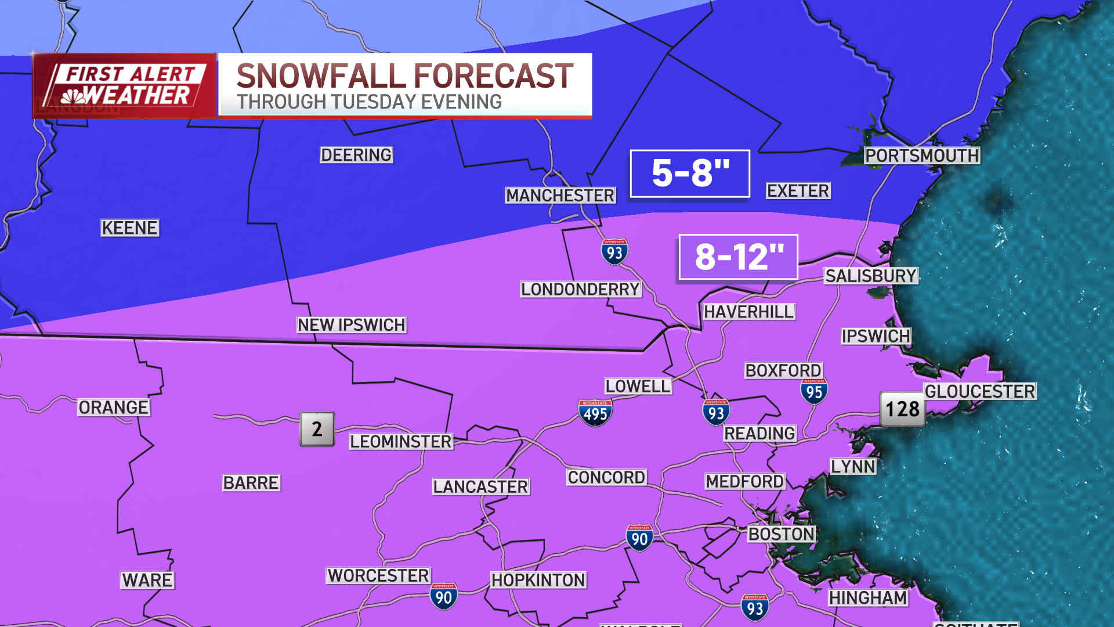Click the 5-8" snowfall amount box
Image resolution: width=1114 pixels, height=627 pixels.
(x=690, y=173)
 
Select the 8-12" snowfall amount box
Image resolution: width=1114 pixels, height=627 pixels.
(x=738, y=257)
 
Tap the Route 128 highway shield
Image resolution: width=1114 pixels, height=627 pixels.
(x=902, y=409)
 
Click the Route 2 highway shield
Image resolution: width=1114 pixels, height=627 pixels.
(x=317, y=429)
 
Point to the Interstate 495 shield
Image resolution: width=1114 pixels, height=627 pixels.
(x=595, y=413)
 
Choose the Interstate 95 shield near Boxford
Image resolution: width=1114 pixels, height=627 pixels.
(x=814, y=392)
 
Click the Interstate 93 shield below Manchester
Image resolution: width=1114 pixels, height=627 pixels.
(x=614, y=252)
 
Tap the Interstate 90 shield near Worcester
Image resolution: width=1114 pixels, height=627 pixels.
(x=444, y=596)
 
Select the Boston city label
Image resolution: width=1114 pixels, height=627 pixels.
(x=781, y=534)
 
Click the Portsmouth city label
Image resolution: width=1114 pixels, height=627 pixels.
(x=921, y=156)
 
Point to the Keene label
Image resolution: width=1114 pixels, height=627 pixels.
(x=129, y=228)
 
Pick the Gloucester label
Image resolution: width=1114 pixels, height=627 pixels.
(x=979, y=391)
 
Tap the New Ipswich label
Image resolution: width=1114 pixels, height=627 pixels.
(x=352, y=325)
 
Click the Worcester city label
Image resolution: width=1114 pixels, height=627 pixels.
(x=378, y=575)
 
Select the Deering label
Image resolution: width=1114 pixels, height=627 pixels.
(x=356, y=154)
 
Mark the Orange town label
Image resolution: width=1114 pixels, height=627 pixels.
(x=114, y=408)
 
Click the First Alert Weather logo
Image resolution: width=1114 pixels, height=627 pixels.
(x=124, y=86)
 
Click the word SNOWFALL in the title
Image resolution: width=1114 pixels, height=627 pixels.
(x=321, y=77)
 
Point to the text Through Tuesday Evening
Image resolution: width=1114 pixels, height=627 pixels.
(x=369, y=102)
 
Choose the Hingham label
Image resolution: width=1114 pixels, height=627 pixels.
(x=867, y=597)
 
